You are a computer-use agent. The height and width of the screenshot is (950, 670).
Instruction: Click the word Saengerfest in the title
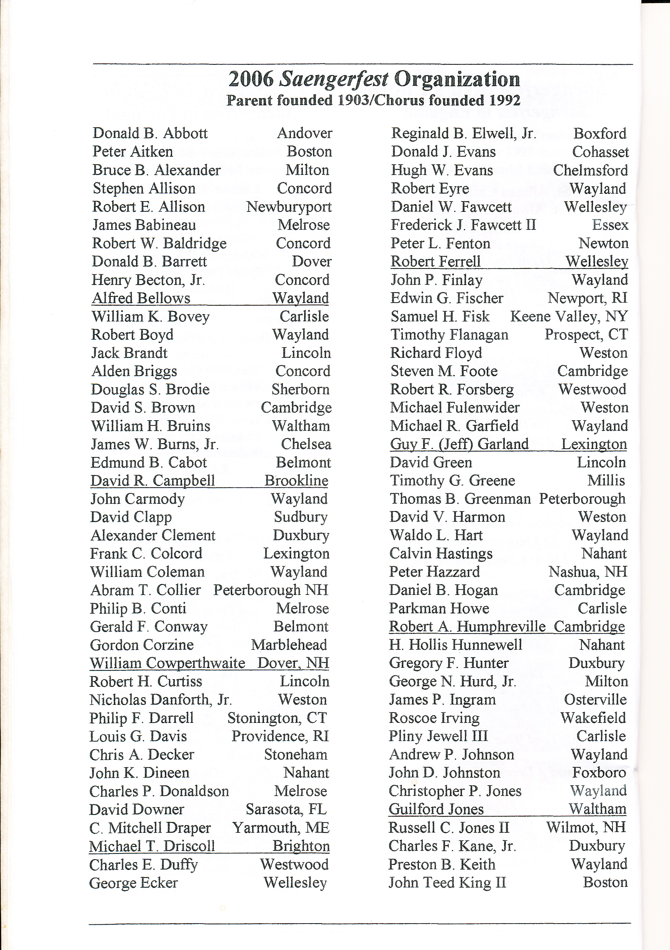(x=334, y=79)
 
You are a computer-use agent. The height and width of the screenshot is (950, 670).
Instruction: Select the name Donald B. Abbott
(x=150, y=133)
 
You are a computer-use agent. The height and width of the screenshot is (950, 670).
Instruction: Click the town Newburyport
(x=289, y=207)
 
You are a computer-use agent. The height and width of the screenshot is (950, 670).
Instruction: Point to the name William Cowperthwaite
(x=167, y=663)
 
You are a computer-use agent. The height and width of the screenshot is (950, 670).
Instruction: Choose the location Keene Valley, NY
(x=568, y=316)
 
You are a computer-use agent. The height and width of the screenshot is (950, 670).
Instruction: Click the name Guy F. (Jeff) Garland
(x=459, y=444)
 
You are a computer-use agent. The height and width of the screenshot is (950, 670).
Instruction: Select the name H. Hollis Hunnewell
(x=455, y=645)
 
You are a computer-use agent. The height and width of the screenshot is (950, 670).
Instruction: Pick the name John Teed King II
(x=447, y=883)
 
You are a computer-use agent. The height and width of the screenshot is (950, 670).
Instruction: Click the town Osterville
(x=595, y=700)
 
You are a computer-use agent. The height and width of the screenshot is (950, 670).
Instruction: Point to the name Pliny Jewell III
(x=438, y=736)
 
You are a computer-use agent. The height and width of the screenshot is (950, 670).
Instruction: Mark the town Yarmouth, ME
(x=281, y=827)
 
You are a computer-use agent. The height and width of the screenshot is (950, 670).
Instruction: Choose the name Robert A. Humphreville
(x=467, y=627)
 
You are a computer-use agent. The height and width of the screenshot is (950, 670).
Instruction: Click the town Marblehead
(x=289, y=645)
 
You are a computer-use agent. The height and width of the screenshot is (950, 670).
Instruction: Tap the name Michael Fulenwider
(x=455, y=408)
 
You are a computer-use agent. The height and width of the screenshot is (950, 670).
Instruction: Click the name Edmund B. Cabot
(x=149, y=463)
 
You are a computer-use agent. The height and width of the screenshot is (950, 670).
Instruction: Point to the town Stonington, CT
(x=277, y=718)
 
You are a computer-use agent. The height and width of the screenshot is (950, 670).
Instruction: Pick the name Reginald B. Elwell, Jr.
(x=463, y=134)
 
